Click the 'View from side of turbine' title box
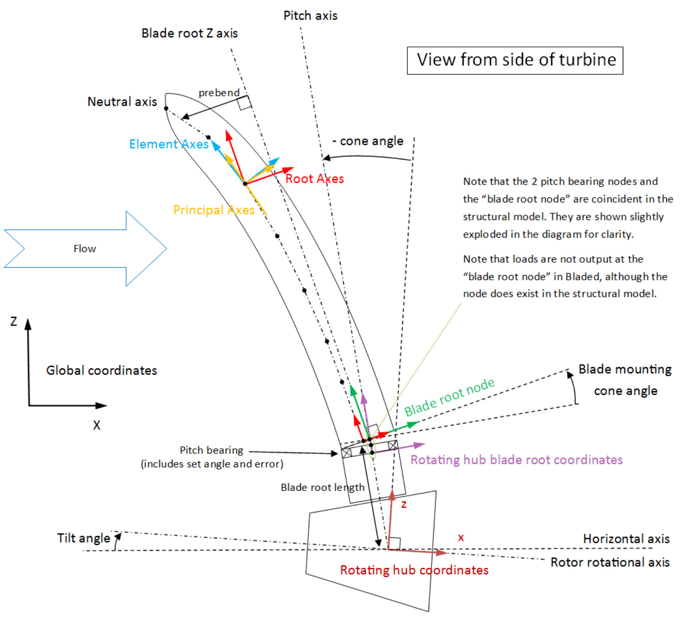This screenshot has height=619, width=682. pyautogui.click(x=515, y=60)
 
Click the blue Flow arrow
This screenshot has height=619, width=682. pyautogui.click(x=85, y=249)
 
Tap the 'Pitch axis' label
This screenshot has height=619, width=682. pyautogui.click(x=310, y=16)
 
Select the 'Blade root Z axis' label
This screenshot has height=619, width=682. pyautogui.click(x=189, y=33)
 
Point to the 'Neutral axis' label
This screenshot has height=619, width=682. pyautogui.click(x=122, y=102)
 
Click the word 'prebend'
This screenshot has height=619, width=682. pyautogui.click(x=219, y=92)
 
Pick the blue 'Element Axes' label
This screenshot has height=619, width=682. pyautogui.click(x=169, y=144)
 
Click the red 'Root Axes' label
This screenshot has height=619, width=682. pyautogui.click(x=314, y=179)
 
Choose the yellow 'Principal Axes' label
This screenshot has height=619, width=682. pyautogui.click(x=214, y=210)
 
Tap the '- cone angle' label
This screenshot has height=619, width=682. pyautogui.click(x=368, y=141)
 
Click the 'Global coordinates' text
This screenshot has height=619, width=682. pyautogui.click(x=101, y=370)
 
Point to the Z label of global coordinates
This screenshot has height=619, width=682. pyautogui.click(x=14, y=322)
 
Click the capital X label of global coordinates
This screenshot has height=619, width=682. pyautogui.click(x=97, y=425)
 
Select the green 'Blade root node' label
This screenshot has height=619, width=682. pyautogui.click(x=449, y=397)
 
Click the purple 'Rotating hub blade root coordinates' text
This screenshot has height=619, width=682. pyautogui.click(x=516, y=460)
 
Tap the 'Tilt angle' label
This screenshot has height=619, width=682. pyautogui.click(x=83, y=538)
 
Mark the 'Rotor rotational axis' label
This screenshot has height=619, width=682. pyautogui.click(x=610, y=563)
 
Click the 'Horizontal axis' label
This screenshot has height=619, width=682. pyautogui.click(x=626, y=539)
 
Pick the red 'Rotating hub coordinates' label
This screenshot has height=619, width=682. pyautogui.click(x=414, y=570)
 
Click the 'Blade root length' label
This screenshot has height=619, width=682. pyautogui.click(x=323, y=487)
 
